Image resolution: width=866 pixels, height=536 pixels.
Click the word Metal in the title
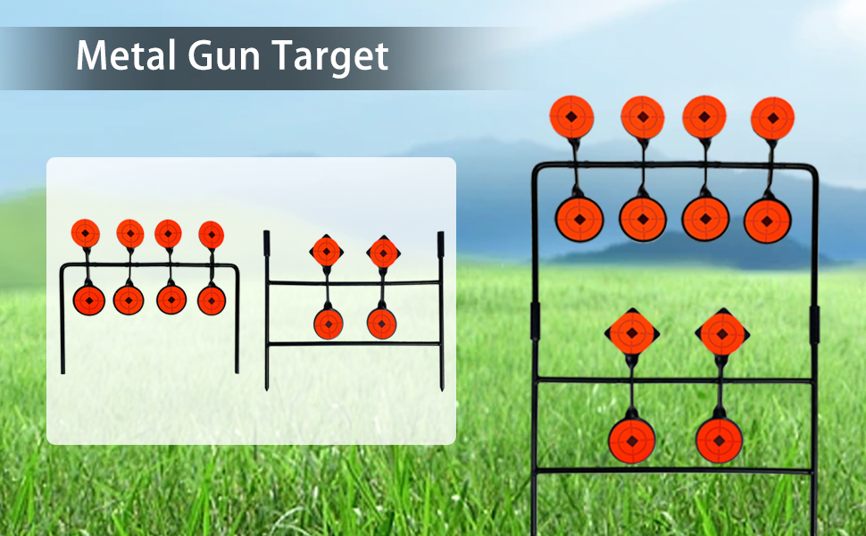tap(125, 55)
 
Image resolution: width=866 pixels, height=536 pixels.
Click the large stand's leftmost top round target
tap(571, 117)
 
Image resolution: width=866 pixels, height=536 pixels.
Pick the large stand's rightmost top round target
tap(772, 118)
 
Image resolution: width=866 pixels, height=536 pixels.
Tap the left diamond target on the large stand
tap(632, 333)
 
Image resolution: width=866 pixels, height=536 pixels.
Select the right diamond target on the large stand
tap(722, 333)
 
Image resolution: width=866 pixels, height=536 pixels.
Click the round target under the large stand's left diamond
tap(632, 441)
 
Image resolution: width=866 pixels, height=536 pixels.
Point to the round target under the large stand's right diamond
tap(719, 440)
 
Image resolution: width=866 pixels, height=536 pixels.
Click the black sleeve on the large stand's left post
tap(535, 321)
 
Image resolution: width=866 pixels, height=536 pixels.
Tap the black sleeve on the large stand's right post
tap(814, 324)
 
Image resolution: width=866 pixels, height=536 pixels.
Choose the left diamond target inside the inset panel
tap(327, 251)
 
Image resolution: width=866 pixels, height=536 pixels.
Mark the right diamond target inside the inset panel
tap(383, 253)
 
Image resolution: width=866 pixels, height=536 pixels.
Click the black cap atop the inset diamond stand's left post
tap(266, 244)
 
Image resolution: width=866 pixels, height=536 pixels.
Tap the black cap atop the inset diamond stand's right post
tap(441, 244)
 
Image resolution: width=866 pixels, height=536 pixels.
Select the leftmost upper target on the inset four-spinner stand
tap(86, 233)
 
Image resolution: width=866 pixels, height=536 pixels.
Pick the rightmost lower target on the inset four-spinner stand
tap(212, 300)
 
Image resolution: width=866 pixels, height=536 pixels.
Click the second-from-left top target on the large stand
tap(642, 117)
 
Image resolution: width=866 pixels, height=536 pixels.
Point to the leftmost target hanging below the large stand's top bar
tap(579, 220)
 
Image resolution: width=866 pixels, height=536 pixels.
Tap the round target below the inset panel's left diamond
tap(329, 323)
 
